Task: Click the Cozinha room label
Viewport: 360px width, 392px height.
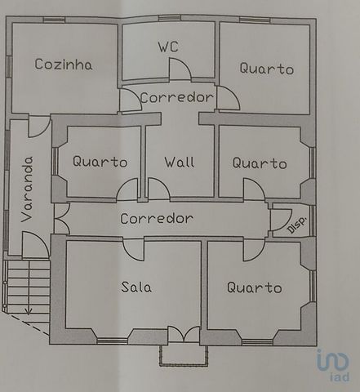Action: click(64, 65)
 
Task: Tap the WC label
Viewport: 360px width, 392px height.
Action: click(168, 47)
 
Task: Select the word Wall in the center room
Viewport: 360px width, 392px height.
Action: click(180, 162)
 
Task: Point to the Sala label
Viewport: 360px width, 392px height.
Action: click(136, 287)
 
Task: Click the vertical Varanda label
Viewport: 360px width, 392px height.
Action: click(27, 189)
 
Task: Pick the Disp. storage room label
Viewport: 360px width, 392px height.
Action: click(297, 225)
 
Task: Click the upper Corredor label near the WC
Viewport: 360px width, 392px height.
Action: click(177, 97)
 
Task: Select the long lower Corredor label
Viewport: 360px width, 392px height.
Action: click(157, 218)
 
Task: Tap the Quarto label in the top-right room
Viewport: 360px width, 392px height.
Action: click(267, 68)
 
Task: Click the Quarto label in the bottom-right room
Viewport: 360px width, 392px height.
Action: click(255, 287)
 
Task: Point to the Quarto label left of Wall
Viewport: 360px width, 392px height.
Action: click(100, 162)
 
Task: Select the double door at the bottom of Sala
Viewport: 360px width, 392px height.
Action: click(184, 334)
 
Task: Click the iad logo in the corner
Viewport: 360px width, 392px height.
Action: click(333, 365)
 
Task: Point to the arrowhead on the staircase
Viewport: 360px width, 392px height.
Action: click(28, 311)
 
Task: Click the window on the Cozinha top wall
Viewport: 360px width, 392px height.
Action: click(54, 20)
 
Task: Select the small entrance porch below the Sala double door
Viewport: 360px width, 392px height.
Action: click(184, 355)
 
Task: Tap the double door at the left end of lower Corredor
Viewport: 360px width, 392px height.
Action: click(62, 218)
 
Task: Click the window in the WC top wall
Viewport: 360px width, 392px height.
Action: click(170, 18)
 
